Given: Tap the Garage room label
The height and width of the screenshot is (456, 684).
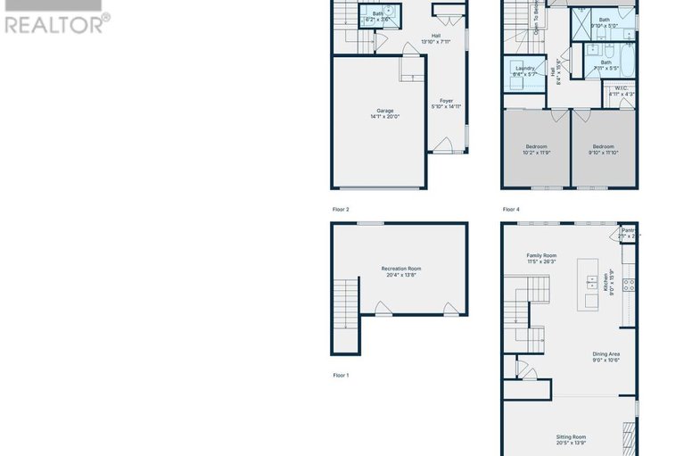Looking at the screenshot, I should pos(384,113).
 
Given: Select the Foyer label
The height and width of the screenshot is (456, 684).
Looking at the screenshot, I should pos(446,104).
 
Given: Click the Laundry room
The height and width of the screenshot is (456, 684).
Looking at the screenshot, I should pos(525,71).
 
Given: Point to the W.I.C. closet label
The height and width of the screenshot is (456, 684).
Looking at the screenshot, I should pos(621,91).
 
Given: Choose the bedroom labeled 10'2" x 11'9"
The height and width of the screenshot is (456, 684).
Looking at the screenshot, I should pos(536,149).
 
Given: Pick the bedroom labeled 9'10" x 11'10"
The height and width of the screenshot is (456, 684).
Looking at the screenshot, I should pos(604,149).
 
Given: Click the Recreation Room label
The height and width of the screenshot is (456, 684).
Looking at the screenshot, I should pos(400,271).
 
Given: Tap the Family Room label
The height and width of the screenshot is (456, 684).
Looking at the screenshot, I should pos(540,259).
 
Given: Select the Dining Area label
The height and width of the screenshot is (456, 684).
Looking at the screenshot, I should pos(606,357).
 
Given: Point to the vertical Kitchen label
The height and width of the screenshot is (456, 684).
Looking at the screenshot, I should pos(613,284).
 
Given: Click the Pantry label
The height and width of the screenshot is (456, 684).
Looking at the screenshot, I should pos(630,232).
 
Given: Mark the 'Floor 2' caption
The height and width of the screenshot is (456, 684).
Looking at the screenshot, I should pos(341,210).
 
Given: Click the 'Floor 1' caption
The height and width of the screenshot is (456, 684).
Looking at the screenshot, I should pos(341,376).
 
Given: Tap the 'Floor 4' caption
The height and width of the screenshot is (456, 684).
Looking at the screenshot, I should pos(511,210).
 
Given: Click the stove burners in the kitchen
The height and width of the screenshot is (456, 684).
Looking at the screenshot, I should pos(628,286).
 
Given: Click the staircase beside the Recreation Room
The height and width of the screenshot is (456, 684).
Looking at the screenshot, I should pos(343,303).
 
